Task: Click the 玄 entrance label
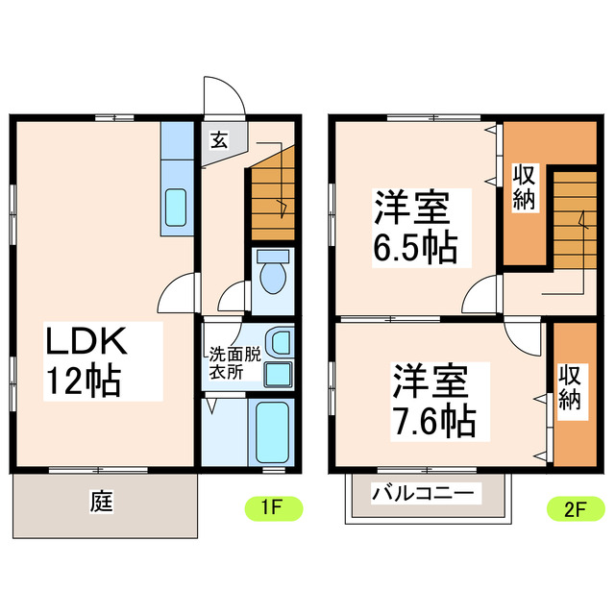(219, 140)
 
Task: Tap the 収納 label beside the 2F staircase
(524, 186)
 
